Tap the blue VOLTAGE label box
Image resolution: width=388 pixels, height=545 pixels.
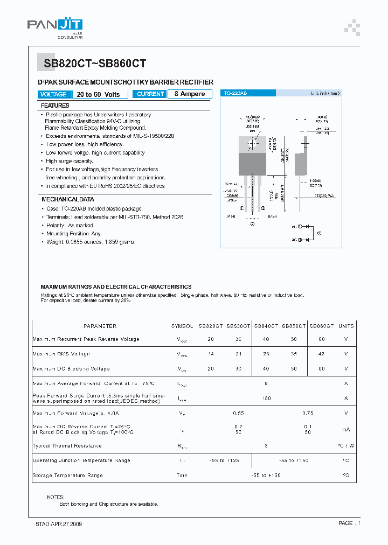(53, 94)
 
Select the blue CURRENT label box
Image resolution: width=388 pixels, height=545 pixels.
(150, 94)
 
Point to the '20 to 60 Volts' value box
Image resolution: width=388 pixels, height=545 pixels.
(99, 94)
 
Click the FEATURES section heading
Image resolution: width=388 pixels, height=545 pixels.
(55, 106)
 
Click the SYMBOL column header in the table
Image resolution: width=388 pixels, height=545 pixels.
(182, 326)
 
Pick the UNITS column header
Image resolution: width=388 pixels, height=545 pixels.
(346, 326)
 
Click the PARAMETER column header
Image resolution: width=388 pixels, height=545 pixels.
(100, 326)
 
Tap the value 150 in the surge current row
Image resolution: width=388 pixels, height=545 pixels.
(266, 399)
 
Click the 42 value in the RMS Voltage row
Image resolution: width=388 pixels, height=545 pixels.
(322, 354)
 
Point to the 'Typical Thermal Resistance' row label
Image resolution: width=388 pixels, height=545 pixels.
(67, 446)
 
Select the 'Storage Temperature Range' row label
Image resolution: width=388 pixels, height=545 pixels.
(67, 476)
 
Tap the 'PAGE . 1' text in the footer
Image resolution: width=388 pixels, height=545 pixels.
(349, 523)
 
